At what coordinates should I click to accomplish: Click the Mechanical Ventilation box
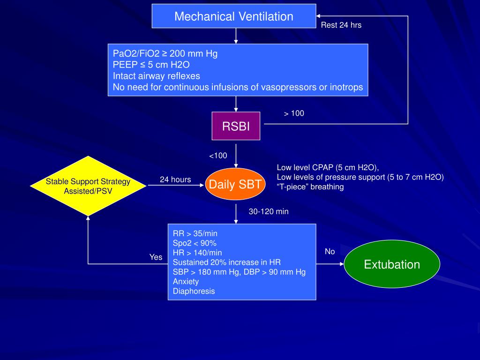pyautogui.click(x=234, y=16)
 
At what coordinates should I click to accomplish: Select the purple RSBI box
pyautogui.click(x=236, y=126)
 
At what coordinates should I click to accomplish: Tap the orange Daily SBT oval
pyautogui.click(x=235, y=184)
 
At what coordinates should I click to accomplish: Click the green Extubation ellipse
pyautogui.click(x=392, y=264)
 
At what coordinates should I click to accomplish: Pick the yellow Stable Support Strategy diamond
pyautogui.click(x=88, y=186)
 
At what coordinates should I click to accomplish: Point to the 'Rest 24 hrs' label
pyautogui.click(x=341, y=25)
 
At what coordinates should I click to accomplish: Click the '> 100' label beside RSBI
pyautogui.click(x=294, y=113)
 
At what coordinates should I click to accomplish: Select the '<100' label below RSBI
pyautogui.click(x=218, y=156)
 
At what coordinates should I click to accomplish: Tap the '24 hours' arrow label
pyautogui.click(x=175, y=180)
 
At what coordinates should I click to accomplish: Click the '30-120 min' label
pyautogui.click(x=269, y=211)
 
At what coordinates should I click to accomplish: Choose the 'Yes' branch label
pyautogui.click(x=156, y=257)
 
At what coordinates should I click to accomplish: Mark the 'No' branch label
pyautogui.click(x=330, y=251)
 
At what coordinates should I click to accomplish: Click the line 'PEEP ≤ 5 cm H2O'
pyautogui.click(x=151, y=65)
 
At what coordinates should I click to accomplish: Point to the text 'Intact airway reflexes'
pyautogui.click(x=157, y=76)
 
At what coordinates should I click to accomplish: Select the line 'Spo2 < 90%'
pyautogui.click(x=195, y=243)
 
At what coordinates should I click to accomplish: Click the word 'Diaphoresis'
pyautogui.click(x=194, y=291)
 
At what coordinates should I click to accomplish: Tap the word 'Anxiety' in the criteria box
pyautogui.click(x=186, y=282)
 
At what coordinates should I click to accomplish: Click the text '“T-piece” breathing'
pyautogui.click(x=310, y=187)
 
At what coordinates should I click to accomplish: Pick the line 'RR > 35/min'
pyautogui.click(x=195, y=233)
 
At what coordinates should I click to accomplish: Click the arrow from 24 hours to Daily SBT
pyautogui.click(x=176, y=185)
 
